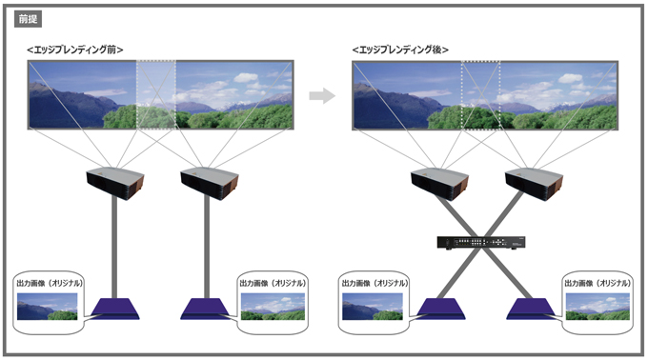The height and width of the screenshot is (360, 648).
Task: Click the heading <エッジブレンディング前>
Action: (x=76, y=49)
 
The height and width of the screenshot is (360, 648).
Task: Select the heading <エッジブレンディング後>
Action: (x=400, y=49)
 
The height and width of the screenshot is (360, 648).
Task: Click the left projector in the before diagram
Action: (x=115, y=181)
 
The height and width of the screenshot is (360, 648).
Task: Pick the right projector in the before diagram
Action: (x=208, y=181)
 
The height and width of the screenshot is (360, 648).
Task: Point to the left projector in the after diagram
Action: (x=439, y=181)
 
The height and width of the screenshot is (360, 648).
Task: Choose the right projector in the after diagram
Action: (x=533, y=181)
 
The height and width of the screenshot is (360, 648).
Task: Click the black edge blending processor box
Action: (x=486, y=243)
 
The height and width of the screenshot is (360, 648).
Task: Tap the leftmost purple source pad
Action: (x=115, y=310)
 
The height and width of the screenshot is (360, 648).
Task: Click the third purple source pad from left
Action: (x=439, y=310)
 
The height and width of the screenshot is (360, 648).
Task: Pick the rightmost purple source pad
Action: (x=533, y=310)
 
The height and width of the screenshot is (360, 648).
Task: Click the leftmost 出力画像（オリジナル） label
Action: (x=50, y=284)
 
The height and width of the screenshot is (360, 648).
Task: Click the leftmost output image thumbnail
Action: (x=48, y=306)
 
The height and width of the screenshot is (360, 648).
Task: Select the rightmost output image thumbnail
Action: (x=598, y=306)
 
